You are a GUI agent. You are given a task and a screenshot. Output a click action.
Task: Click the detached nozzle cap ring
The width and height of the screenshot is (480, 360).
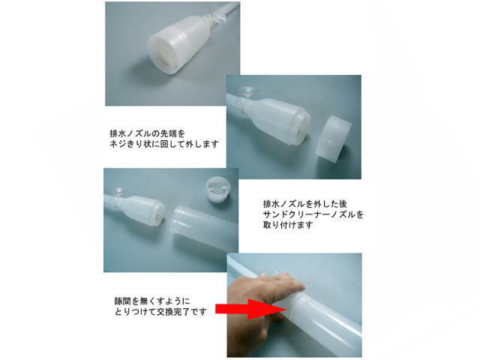333,139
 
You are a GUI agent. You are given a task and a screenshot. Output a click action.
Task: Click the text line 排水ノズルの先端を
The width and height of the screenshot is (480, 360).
148,133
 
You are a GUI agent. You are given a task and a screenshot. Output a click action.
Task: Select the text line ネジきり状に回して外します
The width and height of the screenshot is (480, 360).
164,143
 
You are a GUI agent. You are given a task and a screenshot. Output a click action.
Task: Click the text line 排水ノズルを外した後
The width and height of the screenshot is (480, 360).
305,203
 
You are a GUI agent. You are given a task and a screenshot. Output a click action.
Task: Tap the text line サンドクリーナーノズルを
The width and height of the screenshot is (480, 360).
313,214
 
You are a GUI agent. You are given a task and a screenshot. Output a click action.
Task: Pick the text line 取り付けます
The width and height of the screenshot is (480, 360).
288,225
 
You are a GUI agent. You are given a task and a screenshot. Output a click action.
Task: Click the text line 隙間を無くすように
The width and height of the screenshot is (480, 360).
152,301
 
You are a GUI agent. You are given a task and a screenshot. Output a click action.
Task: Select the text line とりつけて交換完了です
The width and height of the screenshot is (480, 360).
160,312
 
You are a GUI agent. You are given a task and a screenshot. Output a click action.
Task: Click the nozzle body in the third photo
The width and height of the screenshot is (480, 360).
142,211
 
